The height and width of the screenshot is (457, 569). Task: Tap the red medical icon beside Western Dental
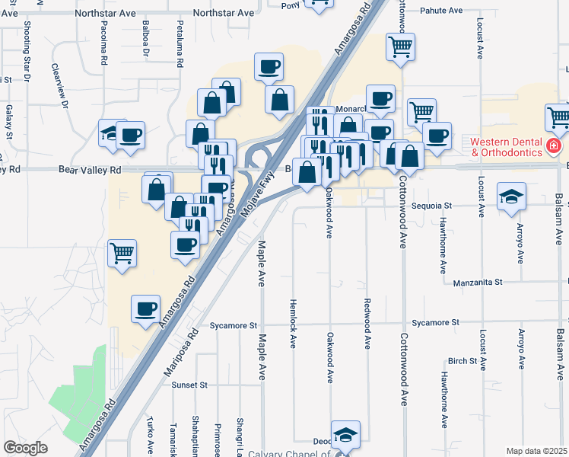555,145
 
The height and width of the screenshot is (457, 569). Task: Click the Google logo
25,448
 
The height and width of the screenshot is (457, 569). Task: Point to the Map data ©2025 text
536,451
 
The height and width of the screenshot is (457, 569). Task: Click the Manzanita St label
478,282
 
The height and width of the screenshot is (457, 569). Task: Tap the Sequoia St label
431,206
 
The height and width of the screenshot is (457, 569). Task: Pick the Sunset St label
189,385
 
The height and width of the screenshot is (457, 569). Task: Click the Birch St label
462,361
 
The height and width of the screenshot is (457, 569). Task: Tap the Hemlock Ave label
292,323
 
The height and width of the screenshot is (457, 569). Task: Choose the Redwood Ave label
367,324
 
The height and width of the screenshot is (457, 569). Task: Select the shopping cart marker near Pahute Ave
400,46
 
